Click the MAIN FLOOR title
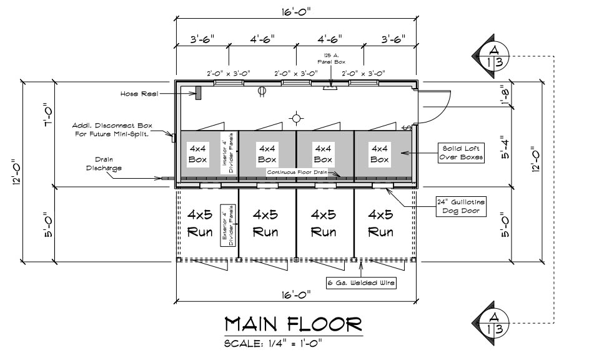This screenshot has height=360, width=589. click(294, 324)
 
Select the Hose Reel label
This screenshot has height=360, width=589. click(139, 94)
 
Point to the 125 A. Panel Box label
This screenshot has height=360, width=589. click(331, 59)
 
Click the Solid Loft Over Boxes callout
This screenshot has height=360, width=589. click(461, 152)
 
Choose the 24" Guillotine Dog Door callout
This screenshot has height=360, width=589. click(461, 206)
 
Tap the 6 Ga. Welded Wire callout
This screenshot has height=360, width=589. click(361, 282)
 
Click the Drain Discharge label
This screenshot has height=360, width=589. click(104, 164)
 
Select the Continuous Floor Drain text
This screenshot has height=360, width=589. click(297, 172)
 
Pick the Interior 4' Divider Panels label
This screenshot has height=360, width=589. click(227, 153)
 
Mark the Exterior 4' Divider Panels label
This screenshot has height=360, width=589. click(227, 226)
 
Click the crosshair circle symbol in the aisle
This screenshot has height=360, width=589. click(297, 119)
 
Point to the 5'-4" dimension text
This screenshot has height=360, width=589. click(505, 148)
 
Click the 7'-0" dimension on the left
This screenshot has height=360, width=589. click(49, 114)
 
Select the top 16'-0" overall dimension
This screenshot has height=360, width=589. click(297, 12)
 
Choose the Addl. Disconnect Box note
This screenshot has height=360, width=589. click(112, 129)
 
